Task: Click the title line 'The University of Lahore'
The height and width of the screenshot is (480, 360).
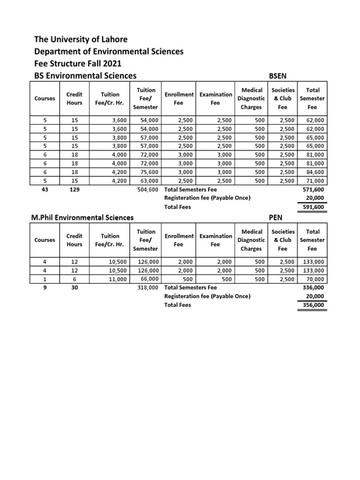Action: tap(81, 39)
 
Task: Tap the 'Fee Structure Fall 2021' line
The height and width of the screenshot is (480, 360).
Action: tap(81, 63)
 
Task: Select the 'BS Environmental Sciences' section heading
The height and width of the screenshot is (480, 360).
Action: tap(85, 75)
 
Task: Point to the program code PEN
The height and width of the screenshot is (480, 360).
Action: tap(276, 217)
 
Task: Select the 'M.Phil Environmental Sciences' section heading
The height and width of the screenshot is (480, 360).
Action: tap(82, 217)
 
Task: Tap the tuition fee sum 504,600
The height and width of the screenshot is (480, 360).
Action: tap(147, 189)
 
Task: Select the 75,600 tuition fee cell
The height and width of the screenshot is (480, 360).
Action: tap(149, 172)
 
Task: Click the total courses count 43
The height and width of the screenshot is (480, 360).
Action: tap(45, 189)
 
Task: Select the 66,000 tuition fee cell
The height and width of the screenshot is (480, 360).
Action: tap(149, 279)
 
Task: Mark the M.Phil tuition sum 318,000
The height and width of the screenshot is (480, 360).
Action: tap(147, 288)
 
